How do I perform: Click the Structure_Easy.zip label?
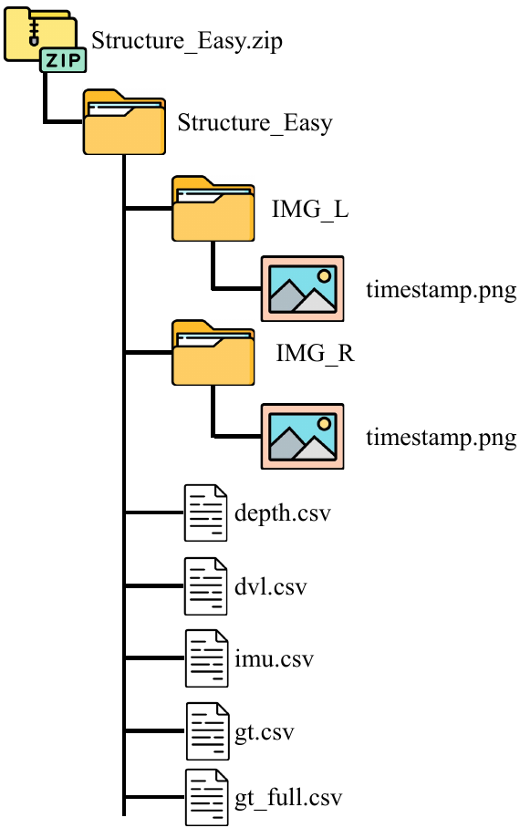[x=180, y=41]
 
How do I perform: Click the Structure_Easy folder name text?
[x=255, y=123]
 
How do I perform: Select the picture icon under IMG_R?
[x=302, y=436]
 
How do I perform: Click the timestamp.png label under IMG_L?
[x=442, y=291]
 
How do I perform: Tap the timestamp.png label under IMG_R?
[x=442, y=437]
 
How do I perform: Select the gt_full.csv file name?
[x=287, y=799]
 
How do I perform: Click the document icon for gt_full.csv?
[x=206, y=798]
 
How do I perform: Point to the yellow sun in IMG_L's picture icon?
[x=323, y=274]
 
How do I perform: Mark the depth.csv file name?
[x=282, y=512]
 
